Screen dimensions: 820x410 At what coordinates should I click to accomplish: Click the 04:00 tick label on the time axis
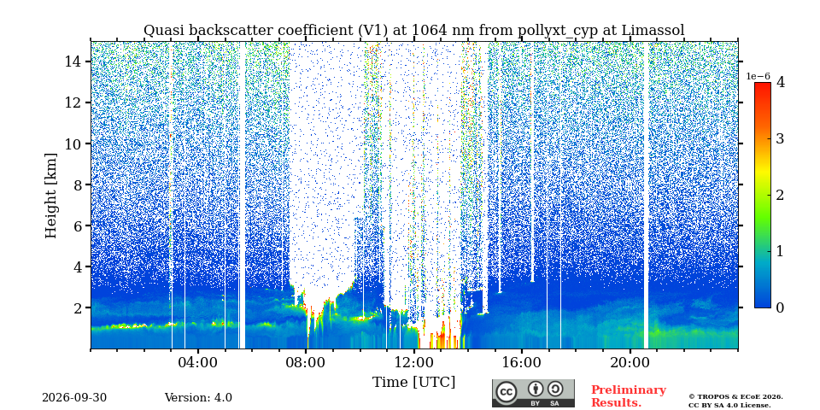click(198, 363)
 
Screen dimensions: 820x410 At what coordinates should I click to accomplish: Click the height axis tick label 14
click(73, 61)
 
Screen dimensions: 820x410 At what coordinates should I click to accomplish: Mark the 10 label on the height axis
click(73, 143)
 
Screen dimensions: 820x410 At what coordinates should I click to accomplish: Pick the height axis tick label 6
click(77, 225)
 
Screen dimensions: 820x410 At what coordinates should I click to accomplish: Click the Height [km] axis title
click(50, 196)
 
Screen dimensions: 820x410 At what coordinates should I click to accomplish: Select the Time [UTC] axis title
click(413, 383)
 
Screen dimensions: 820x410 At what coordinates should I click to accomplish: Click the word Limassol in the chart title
click(653, 31)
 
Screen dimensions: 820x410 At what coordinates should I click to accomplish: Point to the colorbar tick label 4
click(781, 82)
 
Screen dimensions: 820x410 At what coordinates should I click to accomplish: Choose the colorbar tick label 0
click(780, 307)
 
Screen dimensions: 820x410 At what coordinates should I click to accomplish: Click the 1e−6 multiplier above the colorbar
click(758, 76)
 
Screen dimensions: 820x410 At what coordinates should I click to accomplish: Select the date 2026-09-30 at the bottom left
click(74, 398)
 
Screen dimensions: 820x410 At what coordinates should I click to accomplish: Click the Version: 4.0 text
click(198, 398)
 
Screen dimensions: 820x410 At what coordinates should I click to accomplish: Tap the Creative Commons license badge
click(533, 393)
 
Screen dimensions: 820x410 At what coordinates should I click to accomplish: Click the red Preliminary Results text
click(629, 396)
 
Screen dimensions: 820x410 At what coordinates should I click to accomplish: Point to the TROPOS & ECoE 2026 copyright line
click(735, 397)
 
